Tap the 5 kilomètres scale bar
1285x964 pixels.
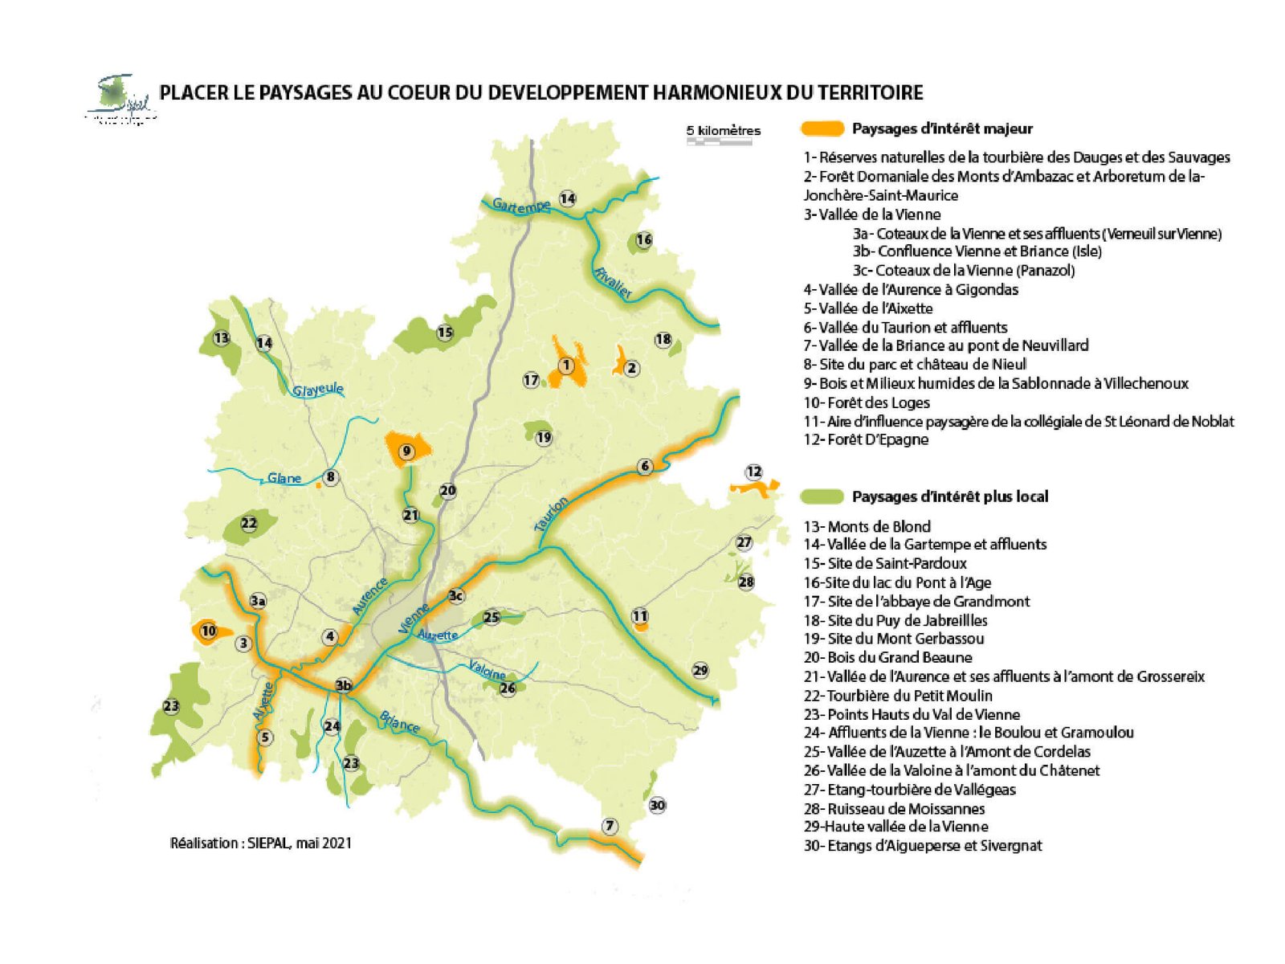pos(719,141)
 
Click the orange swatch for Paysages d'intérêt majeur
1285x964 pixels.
pos(823,129)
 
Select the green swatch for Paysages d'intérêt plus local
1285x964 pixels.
pos(823,496)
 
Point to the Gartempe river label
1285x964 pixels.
pos(521,206)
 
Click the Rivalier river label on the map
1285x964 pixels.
pos(613,282)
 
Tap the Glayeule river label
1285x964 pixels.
pos(318,390)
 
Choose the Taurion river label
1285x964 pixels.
pos(552,514)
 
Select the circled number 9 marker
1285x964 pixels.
pos(406,451)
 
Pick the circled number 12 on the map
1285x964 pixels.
pos(753,472)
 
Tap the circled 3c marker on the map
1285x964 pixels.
pos(456,595)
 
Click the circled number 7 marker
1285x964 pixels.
pos(610,826)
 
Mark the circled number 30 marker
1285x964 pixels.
pos(657,805)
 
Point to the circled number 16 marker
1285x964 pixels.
pos(643,239)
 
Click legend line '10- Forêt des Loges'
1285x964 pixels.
pos(867,402)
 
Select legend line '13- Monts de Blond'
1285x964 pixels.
pos(867,527)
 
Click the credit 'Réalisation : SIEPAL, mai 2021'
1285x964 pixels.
pos(261,843)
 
